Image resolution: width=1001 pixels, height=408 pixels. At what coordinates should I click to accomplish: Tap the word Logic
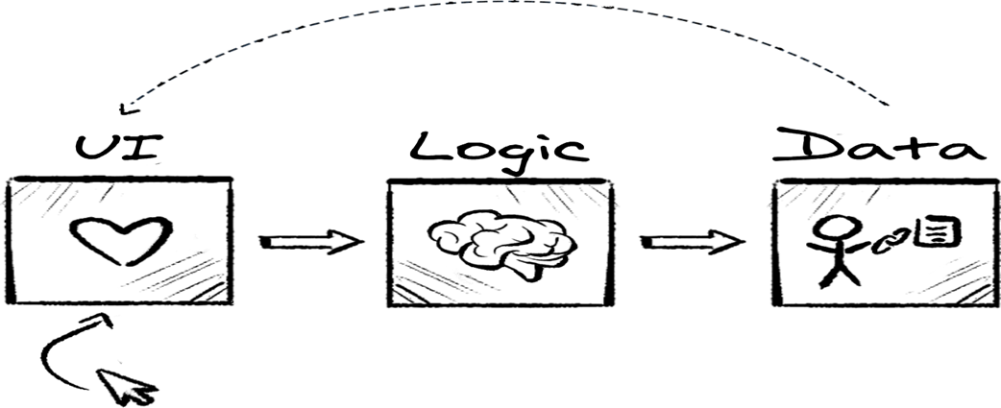(x=499, y=148)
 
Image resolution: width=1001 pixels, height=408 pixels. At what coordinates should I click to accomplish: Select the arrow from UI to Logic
(x=307, y=240)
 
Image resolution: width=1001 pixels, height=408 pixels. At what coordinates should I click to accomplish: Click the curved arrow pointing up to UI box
(x=65, y=349)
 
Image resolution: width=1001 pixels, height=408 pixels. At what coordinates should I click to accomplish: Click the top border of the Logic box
(x=502, y=180)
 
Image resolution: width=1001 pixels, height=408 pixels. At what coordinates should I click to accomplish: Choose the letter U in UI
(x=93, y=150)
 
